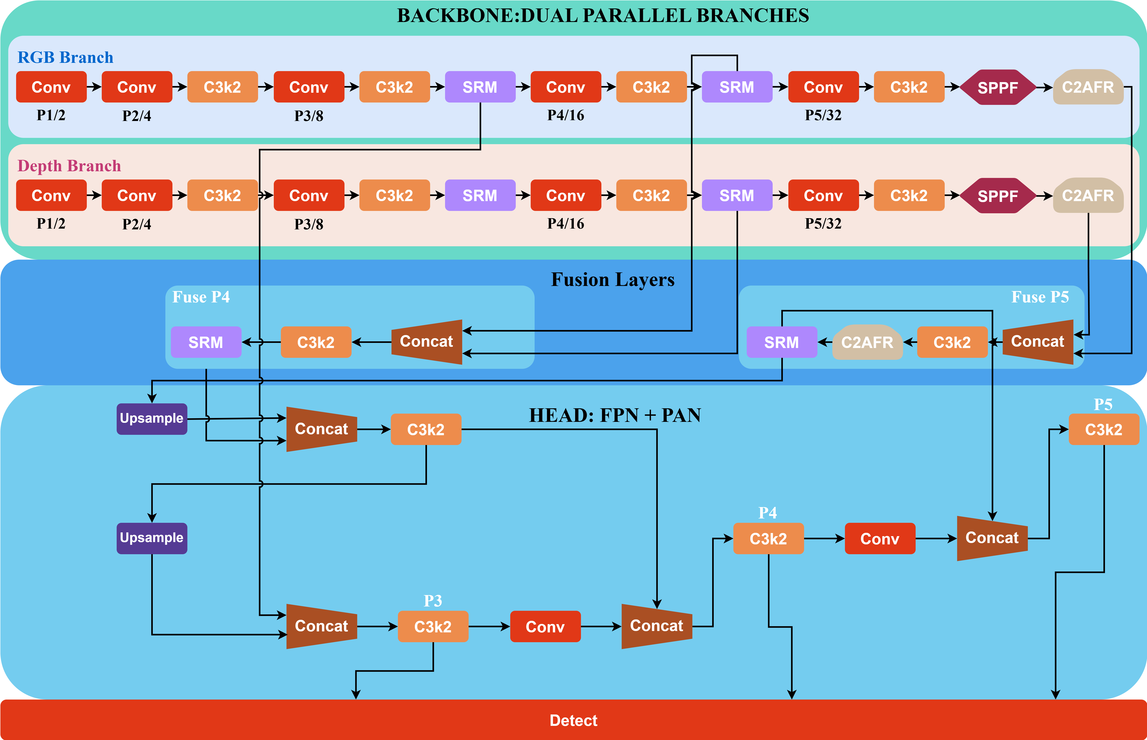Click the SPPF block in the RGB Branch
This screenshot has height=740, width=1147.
[x=998, y=87]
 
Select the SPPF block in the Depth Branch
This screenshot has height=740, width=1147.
[x=998, y=196]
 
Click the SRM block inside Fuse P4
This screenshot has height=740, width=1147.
[x=206, y=342]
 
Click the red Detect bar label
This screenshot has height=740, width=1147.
[x=573, y=720]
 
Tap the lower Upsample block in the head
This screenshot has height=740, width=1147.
[x=152, y=538]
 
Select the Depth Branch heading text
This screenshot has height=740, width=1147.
[x=69, y=166]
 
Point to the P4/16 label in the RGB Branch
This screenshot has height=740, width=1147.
[x=566, y=115]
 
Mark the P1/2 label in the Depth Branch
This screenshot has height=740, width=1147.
[x=51, y=223]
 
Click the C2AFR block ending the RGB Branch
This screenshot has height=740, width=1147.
[x=1088, y=87]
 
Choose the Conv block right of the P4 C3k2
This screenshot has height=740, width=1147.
[x=880, y=539]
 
